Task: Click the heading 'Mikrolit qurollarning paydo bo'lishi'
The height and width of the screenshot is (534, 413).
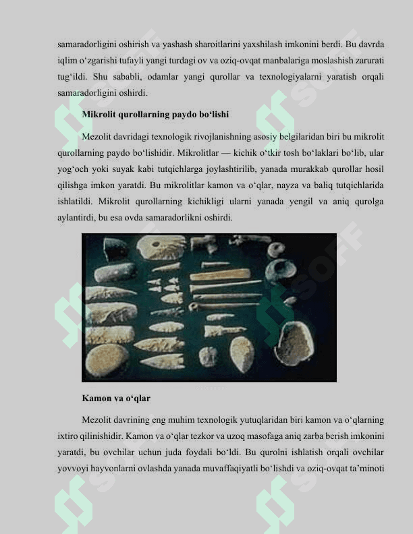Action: pos(155,115)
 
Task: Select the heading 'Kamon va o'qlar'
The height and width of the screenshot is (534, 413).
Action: pos(116,398)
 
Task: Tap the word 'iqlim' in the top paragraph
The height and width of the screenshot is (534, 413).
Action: pos(67,63)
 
